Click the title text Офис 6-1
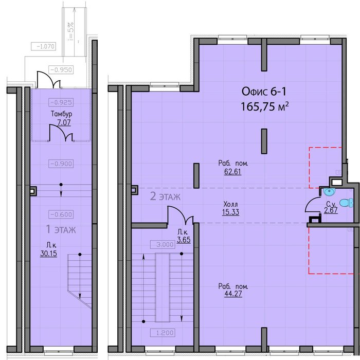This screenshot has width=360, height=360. pyautogui.click(x=264, y=92)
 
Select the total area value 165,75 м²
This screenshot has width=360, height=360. pyautogui.click(x=264, y=107)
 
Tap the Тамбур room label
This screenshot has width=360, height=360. pyautogui.click(x=62, y=114)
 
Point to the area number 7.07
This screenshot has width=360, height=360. pyautogui.click(x=64, y=122)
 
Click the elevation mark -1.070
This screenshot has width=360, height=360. pyautogui.click(x=44, y=46)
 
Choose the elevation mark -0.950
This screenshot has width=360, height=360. pyautogui.click(x=61, y=69)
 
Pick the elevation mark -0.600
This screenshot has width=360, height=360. pyautogui.click(x=61, y=214)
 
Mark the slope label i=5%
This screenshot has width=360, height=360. pyautogui.click(x=71, y=31)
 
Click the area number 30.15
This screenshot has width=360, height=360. pyautogui.click(x=48, y=254)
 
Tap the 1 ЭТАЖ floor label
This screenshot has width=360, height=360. pyautogui.click(x=61, y=229)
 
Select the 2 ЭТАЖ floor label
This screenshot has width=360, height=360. pyautogui.click(x=165, y=196)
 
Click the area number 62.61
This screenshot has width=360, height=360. pyautogui.click(x=233, y=171)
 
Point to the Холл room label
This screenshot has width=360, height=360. pyautogui.click(x=231, y=204)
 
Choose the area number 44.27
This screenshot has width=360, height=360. pyautogui.click(x=233, y=294)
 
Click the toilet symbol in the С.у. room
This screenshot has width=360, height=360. pyautogui.click(x=347, y=203)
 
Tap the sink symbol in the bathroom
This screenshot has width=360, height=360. pyautogui.click(x=329, y=192)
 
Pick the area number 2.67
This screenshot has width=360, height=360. pyautogui.click(x=331, y=210)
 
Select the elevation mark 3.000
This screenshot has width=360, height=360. pyautogui.click(x=163, y=244)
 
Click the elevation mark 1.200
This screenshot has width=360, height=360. pyautogui.click(x=163, y=333)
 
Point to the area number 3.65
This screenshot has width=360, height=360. pyautogui.click(x=184, y=240)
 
